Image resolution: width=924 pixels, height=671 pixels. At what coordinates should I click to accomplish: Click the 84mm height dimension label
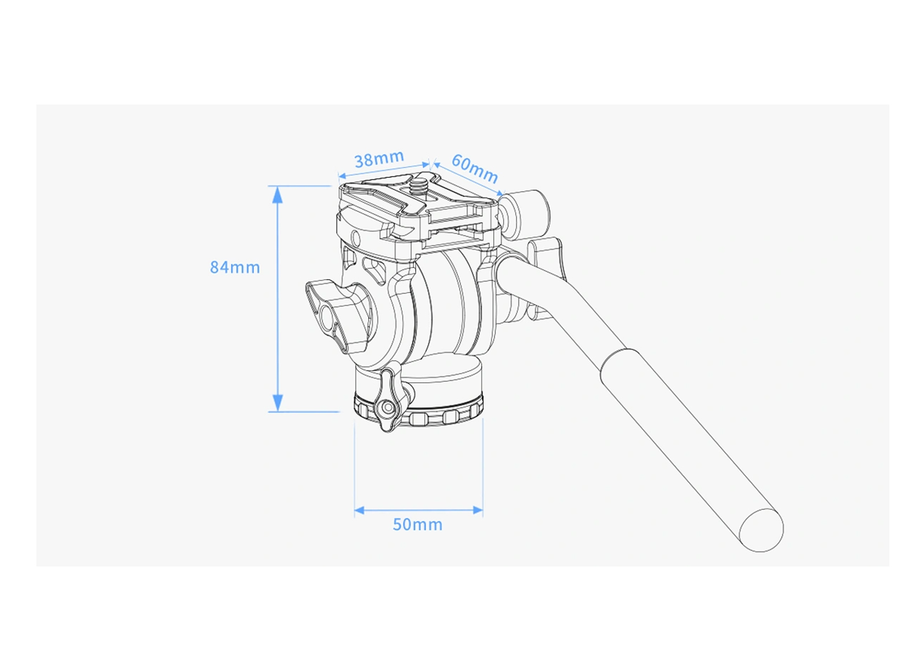[x=235, y=267]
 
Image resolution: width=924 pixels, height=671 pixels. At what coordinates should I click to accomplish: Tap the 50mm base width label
[x=418, y=524]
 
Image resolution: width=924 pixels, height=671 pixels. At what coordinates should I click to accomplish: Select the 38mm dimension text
[x=379, y=159]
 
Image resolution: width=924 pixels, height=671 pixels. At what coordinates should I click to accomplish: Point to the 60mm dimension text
[x=475, y=168]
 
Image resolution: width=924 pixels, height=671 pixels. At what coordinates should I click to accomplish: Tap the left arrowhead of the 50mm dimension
[x=359, y=510]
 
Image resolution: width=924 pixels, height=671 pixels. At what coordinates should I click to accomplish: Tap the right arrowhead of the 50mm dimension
[x=478, y=510]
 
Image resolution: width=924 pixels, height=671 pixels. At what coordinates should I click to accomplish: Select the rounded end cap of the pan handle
[x=761, y=530]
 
